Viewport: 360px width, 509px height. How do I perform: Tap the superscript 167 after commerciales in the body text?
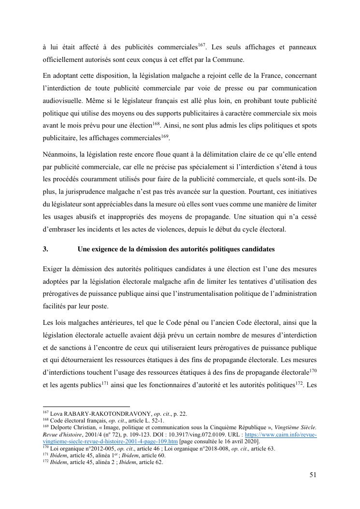[202, 45]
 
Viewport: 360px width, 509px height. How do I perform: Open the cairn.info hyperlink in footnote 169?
[281, 435]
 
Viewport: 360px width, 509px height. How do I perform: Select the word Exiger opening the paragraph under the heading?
[52, 268]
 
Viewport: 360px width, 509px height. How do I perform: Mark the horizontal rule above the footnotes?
[86, 407]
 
